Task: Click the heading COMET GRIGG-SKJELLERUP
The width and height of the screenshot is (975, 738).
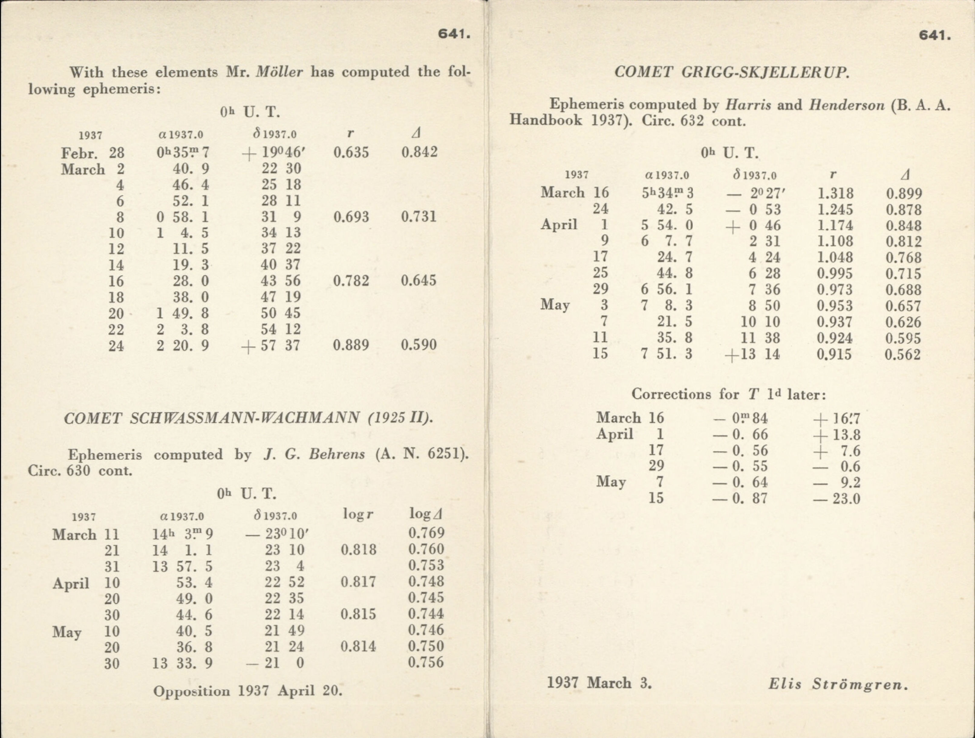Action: click(x=732, y=72)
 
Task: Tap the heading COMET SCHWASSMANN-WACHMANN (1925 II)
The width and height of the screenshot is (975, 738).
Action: click(x=248, y=418)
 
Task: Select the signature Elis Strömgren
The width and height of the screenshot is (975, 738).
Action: click(x=838, y=684)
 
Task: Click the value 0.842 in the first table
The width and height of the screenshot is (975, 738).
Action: click(x=419, y=152)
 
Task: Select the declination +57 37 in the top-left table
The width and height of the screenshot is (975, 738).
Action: click(x=272, y=345)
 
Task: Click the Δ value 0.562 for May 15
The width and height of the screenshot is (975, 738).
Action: click(x=903, y=354)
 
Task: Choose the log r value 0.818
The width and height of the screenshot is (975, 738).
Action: click(x=358, y=549)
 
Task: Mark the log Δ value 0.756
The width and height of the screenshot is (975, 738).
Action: click(x=426, y=662)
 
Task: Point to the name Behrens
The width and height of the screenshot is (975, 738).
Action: click(x=337, y=454)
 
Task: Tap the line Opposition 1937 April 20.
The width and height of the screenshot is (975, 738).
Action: click(x=248, y=691)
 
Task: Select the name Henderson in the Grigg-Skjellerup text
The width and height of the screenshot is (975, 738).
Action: click(x=846, y=105)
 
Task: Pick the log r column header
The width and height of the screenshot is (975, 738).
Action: click(x=358, y=514)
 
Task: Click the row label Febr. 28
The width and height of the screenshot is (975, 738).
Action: click(x=93, y=153)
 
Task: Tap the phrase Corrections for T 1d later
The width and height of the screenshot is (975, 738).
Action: click(x=729, y=394)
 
